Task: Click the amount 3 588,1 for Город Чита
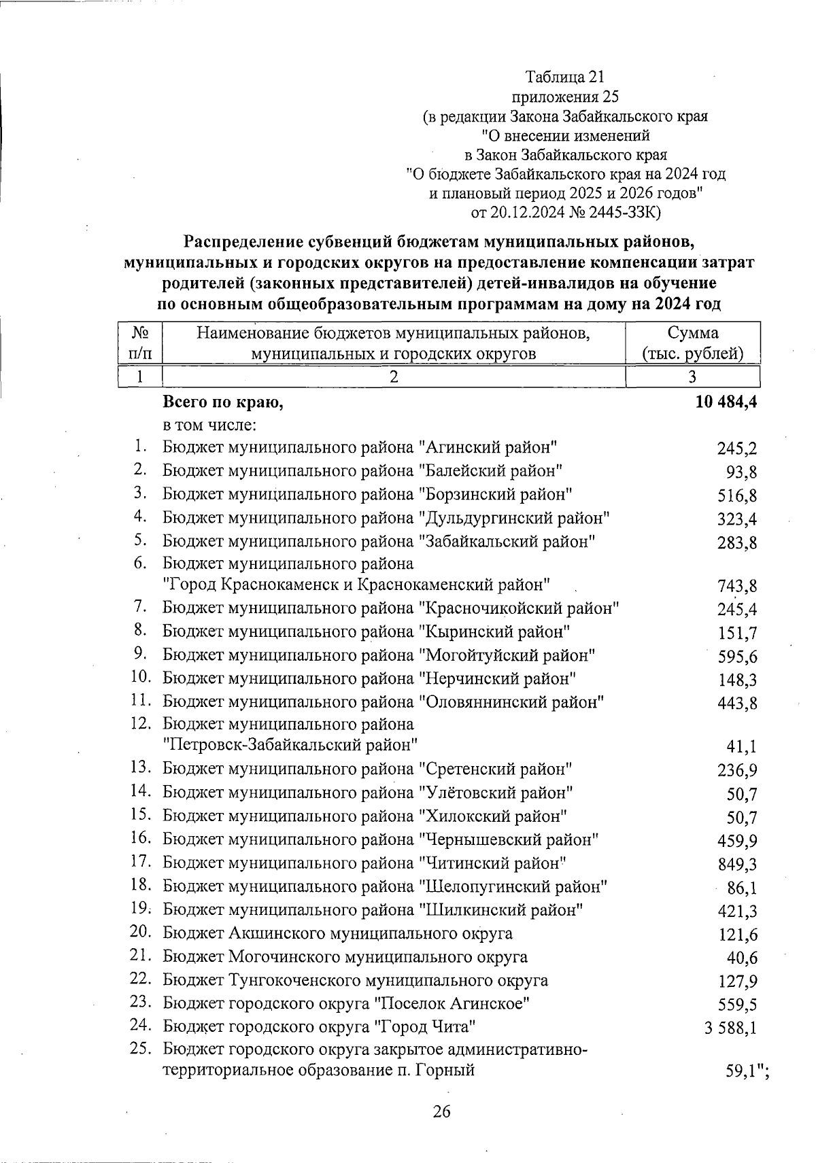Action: click(730, 1027)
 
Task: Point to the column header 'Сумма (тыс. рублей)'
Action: click(692, 343)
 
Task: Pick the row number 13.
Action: click(140, 767)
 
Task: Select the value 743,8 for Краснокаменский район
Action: click(737, 586)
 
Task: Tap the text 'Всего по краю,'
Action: click(222, 402)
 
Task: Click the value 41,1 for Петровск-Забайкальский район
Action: click(743, 746)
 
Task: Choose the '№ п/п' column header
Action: click(140, 343)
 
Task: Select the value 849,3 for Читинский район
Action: click(737, 865)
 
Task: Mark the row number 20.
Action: click(140, 933)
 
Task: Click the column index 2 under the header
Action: click(393, 377)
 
